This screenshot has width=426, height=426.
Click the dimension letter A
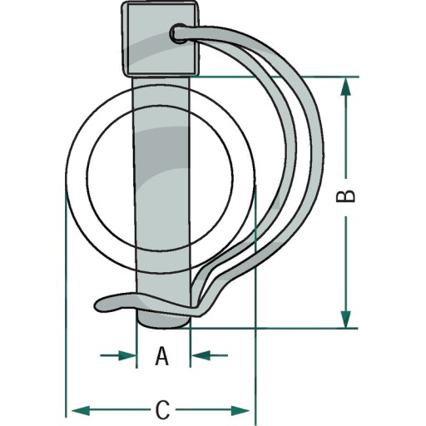[x=162, y=356]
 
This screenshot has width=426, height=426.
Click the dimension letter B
[x=345, y=196]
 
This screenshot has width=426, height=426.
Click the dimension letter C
[x=163, y=410]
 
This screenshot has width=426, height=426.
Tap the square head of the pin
[x=161, y=38]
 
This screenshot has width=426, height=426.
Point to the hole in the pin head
[x=179, y=34]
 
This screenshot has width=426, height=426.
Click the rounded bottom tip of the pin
[x=163, y=322]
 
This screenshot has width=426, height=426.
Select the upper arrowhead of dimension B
[x=345, y=87]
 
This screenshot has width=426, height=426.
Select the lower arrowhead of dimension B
[x=345, y=319]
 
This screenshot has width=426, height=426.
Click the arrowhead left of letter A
[x=127, y=355]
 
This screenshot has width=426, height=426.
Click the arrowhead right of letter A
[x=201, y=355]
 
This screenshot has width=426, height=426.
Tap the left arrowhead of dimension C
[x=81, y=410]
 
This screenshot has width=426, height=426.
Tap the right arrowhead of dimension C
[x=240, y=410]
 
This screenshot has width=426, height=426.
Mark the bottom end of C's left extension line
[x=66, y=418]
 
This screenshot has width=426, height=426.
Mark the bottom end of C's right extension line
[x=256, y=418]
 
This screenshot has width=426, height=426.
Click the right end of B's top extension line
[x=359, y=77]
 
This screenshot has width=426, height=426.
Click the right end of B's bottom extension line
[x=357, y=329]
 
